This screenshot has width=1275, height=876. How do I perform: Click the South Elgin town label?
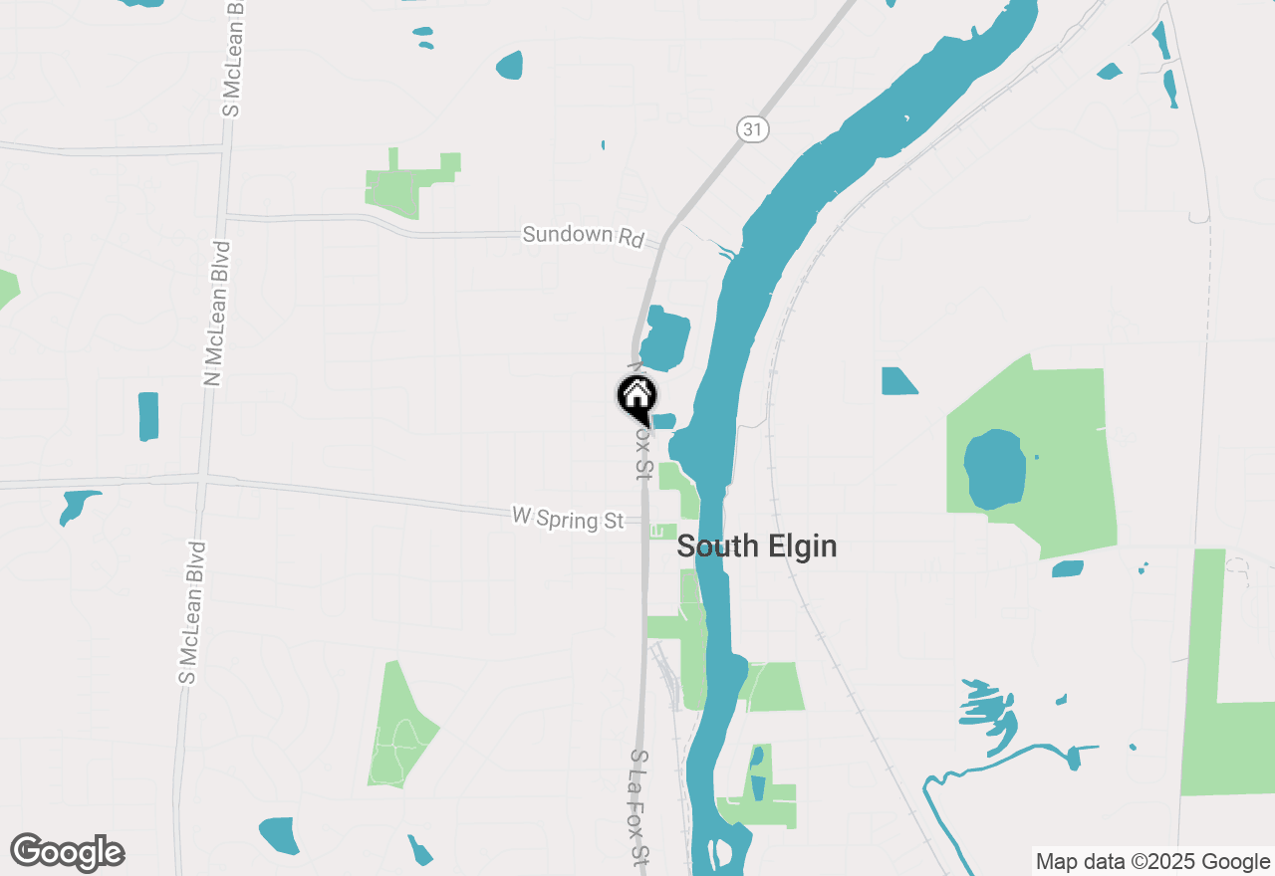coord(756,547)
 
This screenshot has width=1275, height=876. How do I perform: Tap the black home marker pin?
coord(637,399)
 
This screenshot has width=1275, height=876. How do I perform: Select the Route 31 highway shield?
coord(754,128)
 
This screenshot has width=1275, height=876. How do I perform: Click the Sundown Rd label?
coord(583,235)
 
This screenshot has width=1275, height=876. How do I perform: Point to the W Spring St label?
coord(568,518)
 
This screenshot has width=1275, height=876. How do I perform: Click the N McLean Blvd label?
coord(215,313)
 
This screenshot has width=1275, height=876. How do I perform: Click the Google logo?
coord(68,852)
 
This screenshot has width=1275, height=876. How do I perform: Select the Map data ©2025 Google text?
coord(1152,862)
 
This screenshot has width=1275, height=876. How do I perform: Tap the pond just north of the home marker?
coord(664,338)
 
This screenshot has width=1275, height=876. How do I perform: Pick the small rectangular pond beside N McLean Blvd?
coord(148,416)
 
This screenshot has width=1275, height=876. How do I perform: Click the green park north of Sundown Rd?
coord(408,182)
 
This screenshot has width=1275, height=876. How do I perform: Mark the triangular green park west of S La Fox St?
coord(400,727)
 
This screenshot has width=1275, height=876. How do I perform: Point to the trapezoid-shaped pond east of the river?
coord(898,381)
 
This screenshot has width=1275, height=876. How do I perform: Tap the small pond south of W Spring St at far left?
coord(78,504)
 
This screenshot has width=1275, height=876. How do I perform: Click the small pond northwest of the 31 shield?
coord(509,66)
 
